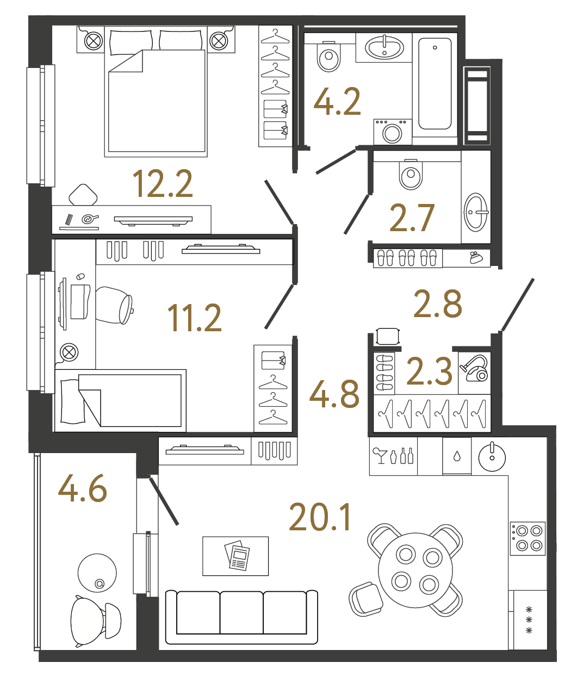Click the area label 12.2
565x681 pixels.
(x=163, y=183)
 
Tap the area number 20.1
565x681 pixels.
(x=320, y=517)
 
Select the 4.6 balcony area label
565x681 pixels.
(x=83, y=488)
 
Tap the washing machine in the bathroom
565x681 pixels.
(x=392, y=132)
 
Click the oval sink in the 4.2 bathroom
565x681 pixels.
(x=384, y=47)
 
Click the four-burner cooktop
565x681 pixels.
(x=528, y=537)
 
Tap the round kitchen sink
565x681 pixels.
(x=492, y=456)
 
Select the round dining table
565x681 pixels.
(x=415, y=570)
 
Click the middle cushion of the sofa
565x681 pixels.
(x=241, y=612)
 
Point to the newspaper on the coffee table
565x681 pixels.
(x=237, y=556)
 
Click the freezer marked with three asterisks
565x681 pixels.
(x=529, y=620)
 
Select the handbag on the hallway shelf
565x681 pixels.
(x=477, y=258)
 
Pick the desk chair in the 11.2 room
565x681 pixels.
(x=115, y=305)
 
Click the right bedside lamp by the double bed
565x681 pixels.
(x=219, y=40)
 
